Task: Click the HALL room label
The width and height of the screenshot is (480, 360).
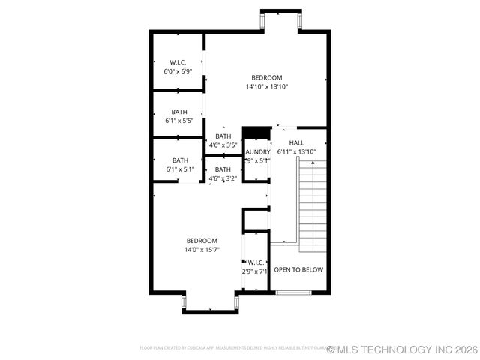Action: (297, 142)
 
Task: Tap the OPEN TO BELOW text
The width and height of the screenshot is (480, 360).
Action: (298, 269)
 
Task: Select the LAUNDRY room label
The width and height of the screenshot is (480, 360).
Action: (257, 152)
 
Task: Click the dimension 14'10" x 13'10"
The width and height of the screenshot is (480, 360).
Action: (267, 86)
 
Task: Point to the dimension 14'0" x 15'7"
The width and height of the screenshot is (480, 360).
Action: (202, 249)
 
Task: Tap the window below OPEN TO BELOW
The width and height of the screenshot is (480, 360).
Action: (298, 292)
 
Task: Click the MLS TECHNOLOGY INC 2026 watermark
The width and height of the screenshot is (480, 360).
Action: (402, 349)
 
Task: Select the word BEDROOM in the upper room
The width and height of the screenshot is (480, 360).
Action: (267, 77)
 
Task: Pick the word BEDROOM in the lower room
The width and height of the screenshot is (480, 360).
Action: (202, 240)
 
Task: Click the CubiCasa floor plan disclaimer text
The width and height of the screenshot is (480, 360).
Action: (232, 348)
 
